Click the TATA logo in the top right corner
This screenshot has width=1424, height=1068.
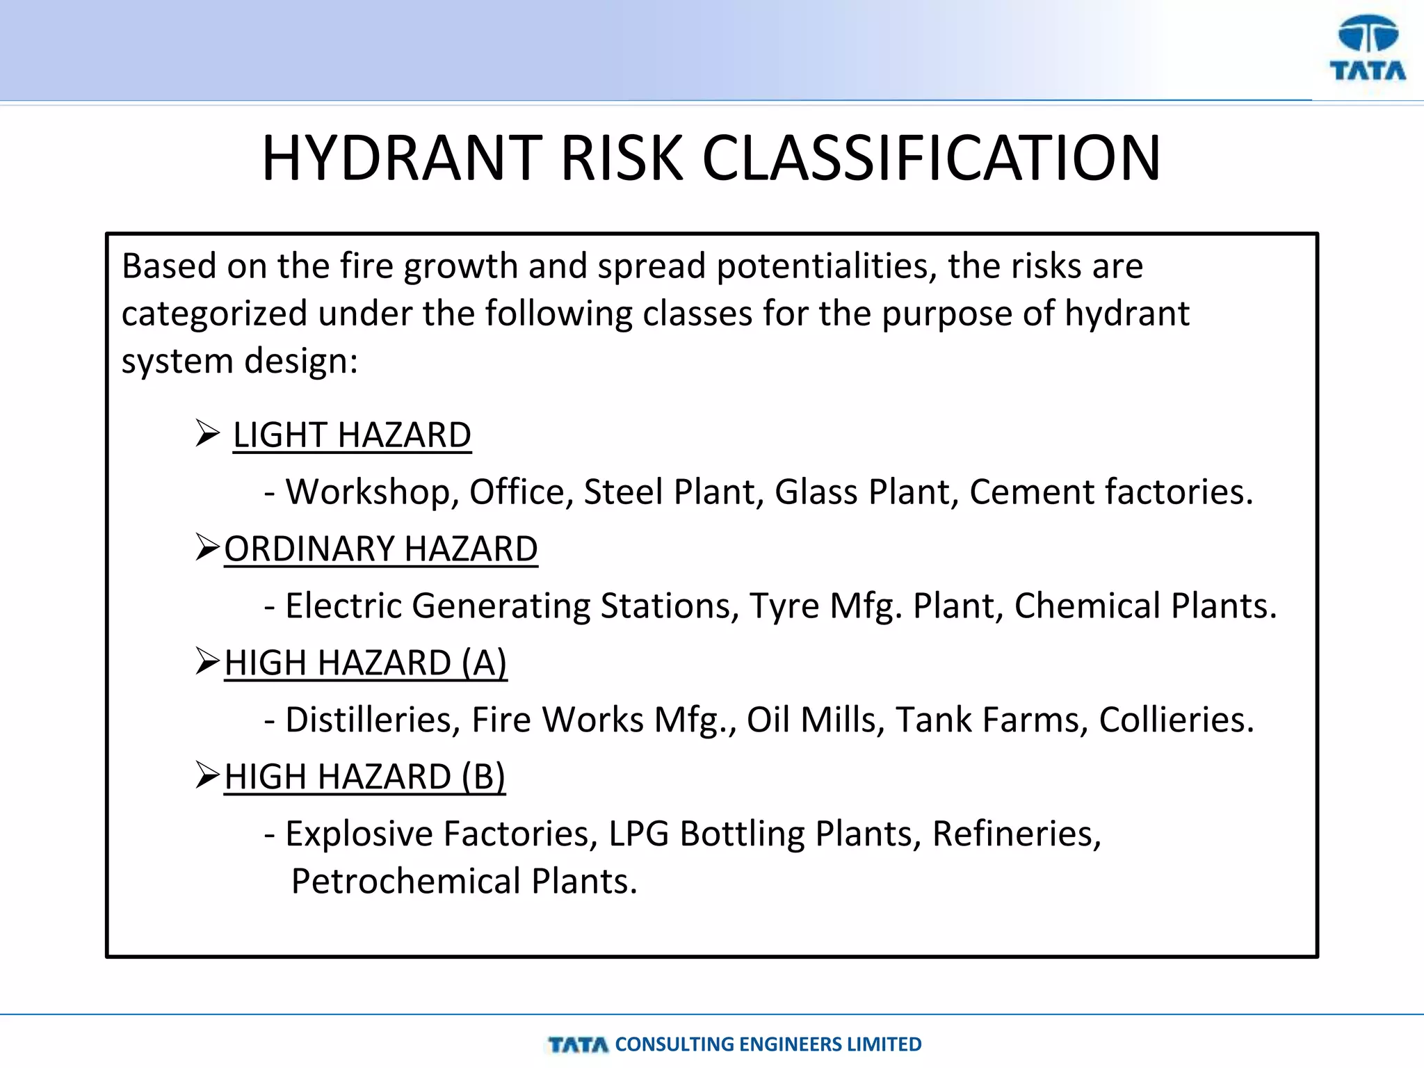click(1367, 49)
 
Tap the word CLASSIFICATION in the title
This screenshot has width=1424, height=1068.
click(931, 159)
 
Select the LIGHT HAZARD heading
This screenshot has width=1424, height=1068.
click(352, 436)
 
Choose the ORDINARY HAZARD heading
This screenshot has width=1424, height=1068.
click(381, 549)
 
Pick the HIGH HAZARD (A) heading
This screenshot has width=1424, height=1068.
click(366, 663)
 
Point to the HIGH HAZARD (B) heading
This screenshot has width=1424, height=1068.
click(365, 777)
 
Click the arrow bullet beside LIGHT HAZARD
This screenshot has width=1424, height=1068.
click(207, 433)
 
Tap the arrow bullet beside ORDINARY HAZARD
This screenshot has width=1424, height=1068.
click(207, 547)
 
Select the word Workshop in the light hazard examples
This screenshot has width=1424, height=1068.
click(372, 492)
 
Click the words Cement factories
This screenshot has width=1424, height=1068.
click(1110, 492)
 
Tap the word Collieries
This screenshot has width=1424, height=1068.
click(1176, 720)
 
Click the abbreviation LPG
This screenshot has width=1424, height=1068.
click(638, 834)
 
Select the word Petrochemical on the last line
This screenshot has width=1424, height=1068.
click(406, 882)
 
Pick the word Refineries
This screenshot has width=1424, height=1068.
click(1016, 834)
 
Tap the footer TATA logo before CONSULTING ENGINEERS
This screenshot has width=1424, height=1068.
click(578, 1044)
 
